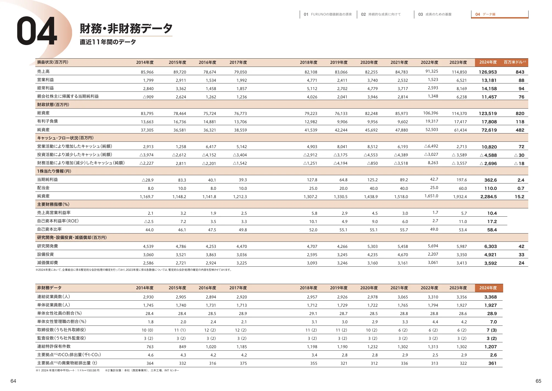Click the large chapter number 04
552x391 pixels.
pos(37,31)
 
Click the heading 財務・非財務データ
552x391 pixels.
pos(126,29)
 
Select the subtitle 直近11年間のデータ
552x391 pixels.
pos(108,42)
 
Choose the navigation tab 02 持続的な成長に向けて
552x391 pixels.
pos(381,14)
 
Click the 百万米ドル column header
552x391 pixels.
pos(514,62)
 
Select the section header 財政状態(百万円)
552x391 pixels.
pos(53,105)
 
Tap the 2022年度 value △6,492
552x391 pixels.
pos(431,146)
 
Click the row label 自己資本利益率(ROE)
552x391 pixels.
pos(58,221)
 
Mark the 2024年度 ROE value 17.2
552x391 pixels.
pos(492,222)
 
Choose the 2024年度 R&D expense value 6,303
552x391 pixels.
pos(490,246)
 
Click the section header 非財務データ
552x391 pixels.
pos(49,288)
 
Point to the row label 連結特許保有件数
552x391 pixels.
pos(54,347)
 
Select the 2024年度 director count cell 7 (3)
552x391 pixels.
pos(492,330)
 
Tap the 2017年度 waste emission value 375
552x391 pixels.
pos(243,363)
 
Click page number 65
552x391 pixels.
pos(538,381)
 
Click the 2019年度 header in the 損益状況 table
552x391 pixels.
pos(339,62)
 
